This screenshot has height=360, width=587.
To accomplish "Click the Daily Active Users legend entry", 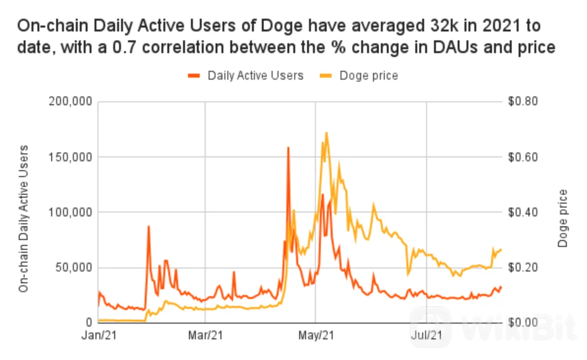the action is [x=246, y=76].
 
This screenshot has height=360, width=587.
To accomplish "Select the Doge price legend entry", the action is [x=359, y=76].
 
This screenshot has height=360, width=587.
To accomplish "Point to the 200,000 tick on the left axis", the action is [x=70, y=101].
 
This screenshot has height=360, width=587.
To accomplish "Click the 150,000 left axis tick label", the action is [x=70, y=157].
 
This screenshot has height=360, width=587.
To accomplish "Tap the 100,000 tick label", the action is [x=70, y=212].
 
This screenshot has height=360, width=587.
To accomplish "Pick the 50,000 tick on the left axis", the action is [x=74, y=268].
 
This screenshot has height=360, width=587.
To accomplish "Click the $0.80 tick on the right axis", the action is [x=523, y=101].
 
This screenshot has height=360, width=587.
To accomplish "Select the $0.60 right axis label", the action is [x=523, y=157].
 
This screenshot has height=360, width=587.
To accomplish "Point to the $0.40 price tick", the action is [x=523, y=212].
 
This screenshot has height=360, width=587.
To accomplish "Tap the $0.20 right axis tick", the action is [x=523, y=268].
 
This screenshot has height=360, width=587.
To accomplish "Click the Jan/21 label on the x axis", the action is [x=99, y=335].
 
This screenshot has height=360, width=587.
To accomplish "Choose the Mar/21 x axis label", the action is [x=205, y=335].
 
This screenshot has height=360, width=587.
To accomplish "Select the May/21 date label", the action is [x=316, y=335].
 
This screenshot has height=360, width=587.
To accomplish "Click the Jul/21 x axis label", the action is [x=427, y=335].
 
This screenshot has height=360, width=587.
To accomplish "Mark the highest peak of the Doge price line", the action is [x=326, y=132].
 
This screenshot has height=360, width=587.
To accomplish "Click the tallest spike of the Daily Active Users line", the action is [x=288, y=148].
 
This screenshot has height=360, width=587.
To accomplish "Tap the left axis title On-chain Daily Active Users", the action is [x=24, y=218].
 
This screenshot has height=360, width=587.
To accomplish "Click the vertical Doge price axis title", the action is [x=563, y=218].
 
